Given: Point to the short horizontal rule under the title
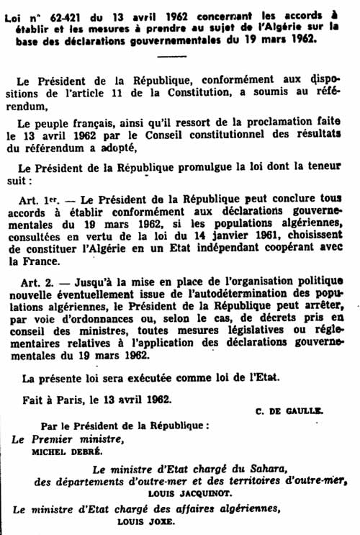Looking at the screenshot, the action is pos(172,55).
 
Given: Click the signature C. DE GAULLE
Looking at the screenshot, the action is pos(290,411).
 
